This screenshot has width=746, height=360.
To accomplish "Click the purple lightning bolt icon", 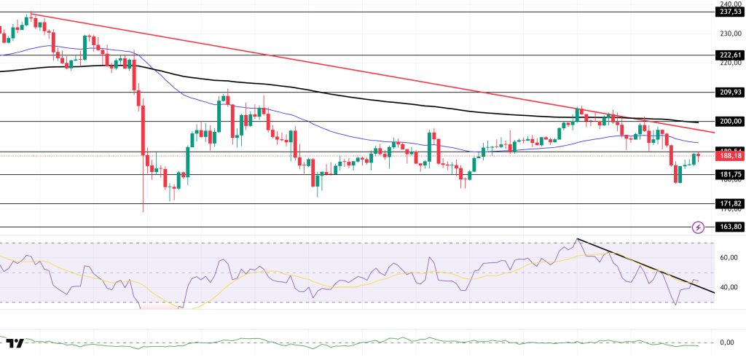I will click(x=698, y=227).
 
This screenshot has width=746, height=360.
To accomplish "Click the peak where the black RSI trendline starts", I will click(x=577, y=239).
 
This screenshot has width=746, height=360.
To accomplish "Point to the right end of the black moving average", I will click(x=698, y=122).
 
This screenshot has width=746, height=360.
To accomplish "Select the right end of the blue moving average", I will click(x=698, y=142).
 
